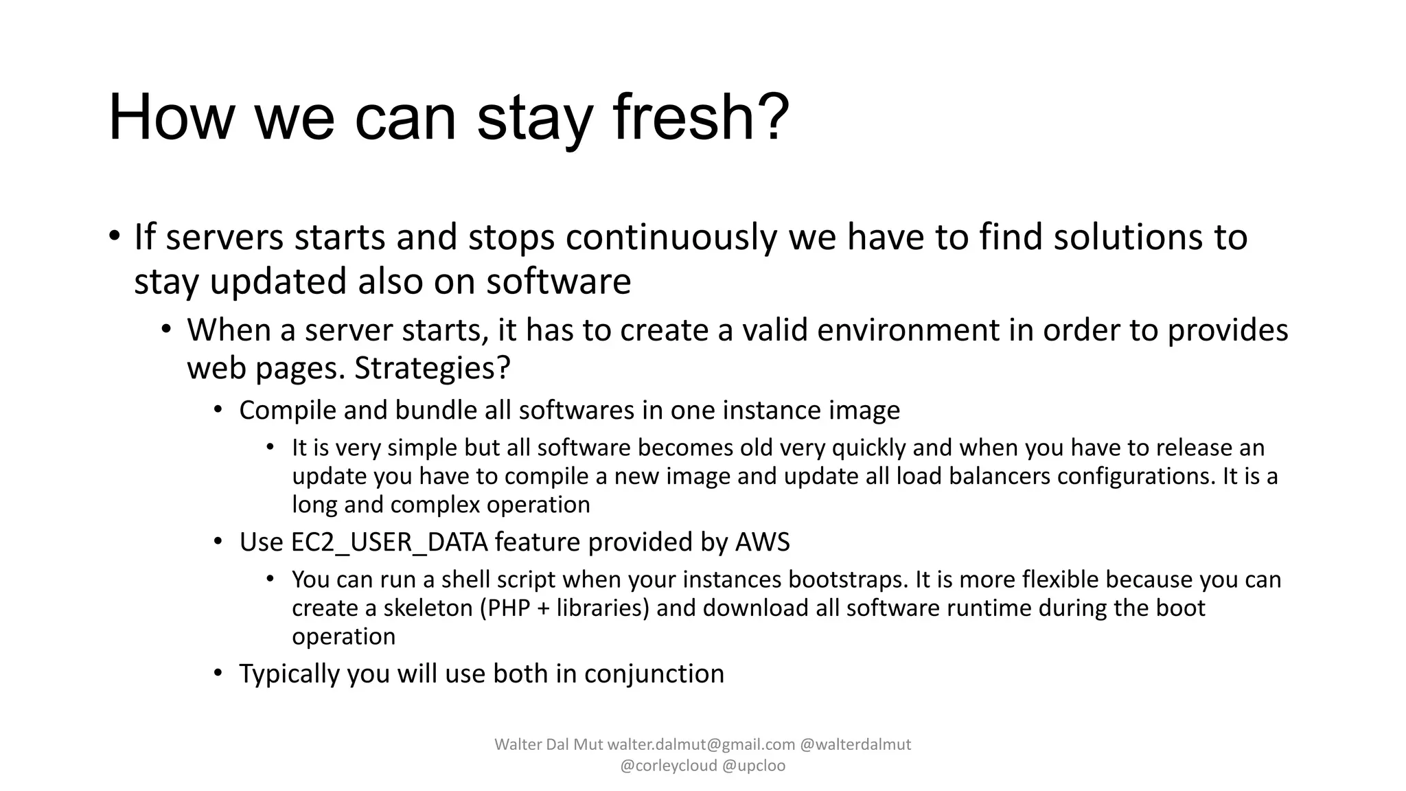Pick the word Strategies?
(x=433, y=369)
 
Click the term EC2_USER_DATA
(x=389, y=542)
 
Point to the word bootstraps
(x=848, y=580)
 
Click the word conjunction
(x=654, y=674)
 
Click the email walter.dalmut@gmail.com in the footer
(x=701, y=744)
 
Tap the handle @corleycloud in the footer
(x=668, y=766)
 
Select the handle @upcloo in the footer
(x=754, y=766)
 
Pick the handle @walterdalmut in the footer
(x=856, y=744)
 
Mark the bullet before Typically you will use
(x=218, y=672)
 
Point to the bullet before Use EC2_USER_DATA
(x=218, y=541)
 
